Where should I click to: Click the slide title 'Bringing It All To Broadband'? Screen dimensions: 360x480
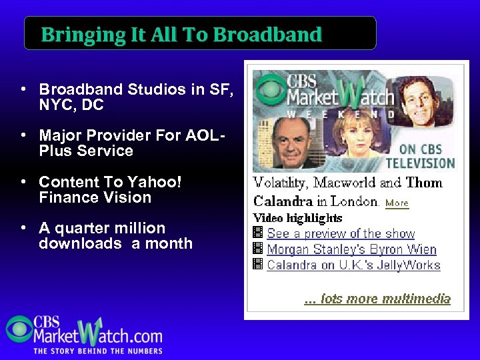tap(181, 35)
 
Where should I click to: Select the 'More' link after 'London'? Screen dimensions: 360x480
tap(397, 203)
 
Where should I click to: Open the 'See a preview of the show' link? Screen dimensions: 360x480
tap(341, 234)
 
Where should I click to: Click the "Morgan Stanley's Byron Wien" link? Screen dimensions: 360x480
tap(351, 250)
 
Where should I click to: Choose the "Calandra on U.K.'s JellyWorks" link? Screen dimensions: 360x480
tap(353, 265)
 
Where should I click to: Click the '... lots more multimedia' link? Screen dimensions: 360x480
tap(377, 299)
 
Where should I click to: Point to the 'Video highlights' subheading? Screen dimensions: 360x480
tap(298, 218)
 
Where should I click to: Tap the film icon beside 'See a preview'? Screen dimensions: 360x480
tap(258, 233)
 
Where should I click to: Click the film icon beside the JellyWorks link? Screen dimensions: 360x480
tap(258, 265)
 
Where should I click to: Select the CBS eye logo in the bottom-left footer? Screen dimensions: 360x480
tap(19, 329)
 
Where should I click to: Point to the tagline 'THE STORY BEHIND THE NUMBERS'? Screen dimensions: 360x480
tap(98, 351)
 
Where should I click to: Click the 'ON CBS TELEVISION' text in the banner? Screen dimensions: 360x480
tap(426, 157)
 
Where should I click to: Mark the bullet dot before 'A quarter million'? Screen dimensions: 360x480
tap(23, 229)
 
